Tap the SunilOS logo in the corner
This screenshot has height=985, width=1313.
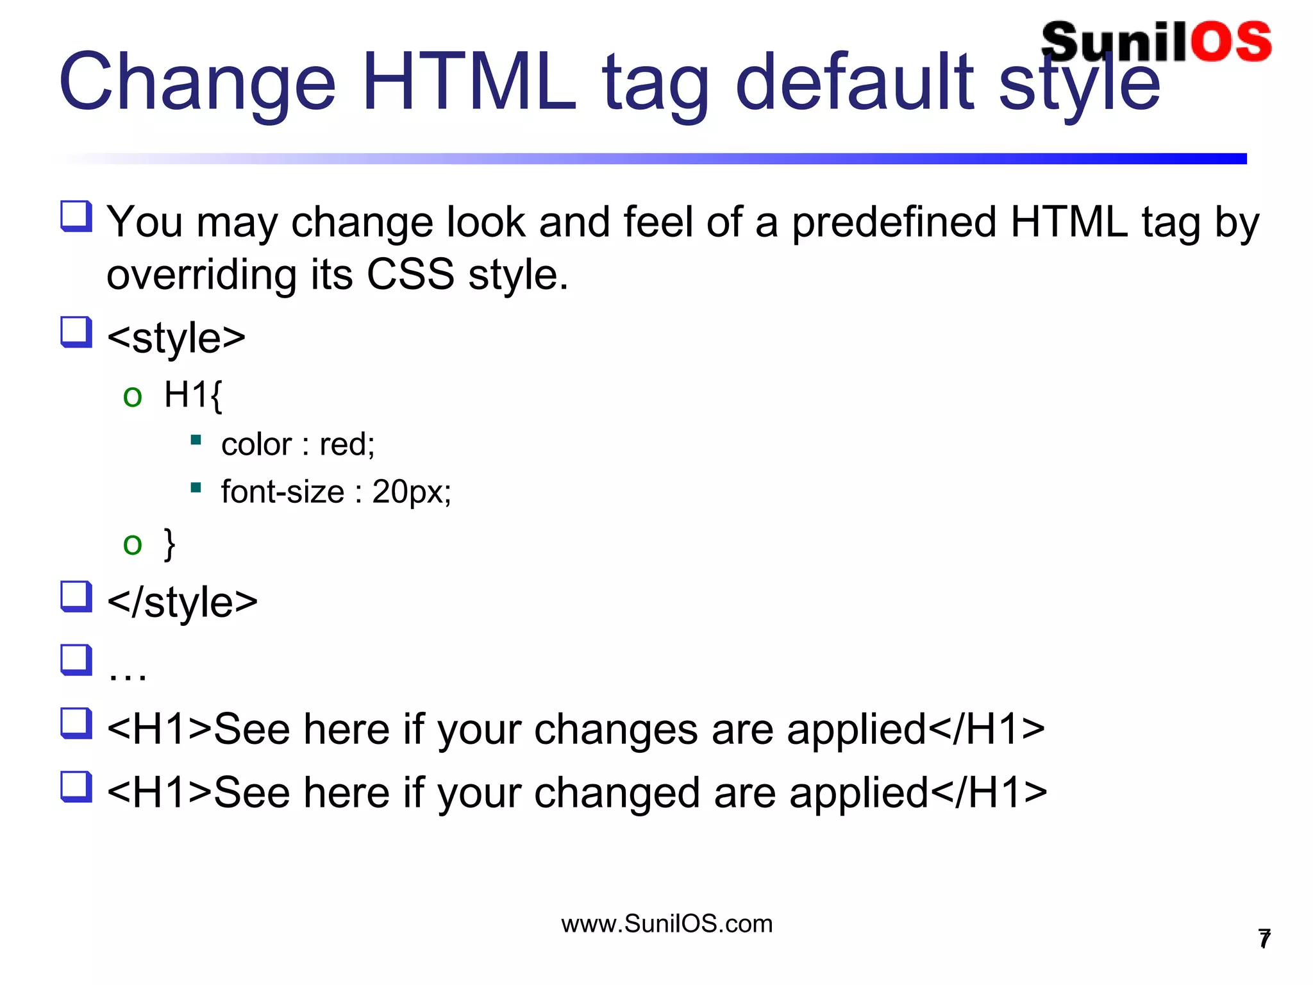click(1156, 42)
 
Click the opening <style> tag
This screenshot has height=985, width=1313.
click(176, 338)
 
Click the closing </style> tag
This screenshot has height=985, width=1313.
click(183, 602)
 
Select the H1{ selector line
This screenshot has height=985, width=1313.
click(192, 394)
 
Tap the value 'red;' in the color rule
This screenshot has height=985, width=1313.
click(347, 444)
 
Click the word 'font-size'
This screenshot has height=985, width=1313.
click(283, 492)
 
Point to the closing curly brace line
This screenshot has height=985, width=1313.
click(169, 544)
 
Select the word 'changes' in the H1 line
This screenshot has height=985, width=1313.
click(615, 730)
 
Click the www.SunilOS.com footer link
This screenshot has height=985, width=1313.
click(667, 924)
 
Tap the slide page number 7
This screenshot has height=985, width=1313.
click(1264, 939)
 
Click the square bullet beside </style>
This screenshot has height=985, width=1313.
click(76, 596)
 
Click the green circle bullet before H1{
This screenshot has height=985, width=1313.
click(133, 396)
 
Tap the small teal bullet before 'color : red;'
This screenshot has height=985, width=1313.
click(196, 440)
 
